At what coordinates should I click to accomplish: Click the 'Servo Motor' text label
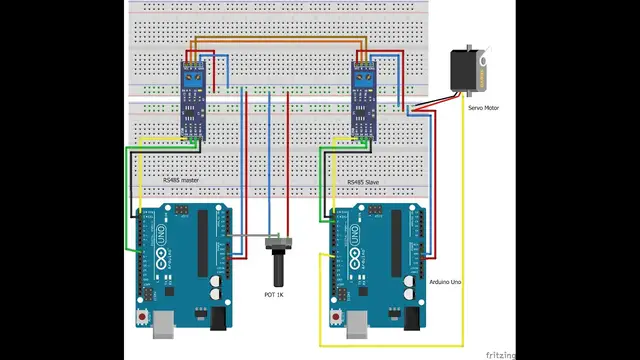484,104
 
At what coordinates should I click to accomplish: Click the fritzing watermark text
501,354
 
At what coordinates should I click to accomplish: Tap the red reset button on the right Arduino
335,316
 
